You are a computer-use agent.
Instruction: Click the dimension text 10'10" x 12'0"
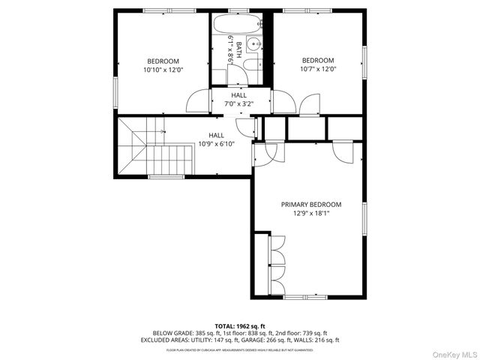[x=163, y=70]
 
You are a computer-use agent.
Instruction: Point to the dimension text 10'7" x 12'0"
[x=318, y=69]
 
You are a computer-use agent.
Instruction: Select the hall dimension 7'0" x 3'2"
[x=238, y=104]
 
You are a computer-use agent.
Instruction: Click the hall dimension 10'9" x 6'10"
[x=216, y=143]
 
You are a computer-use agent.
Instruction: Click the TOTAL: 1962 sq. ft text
[x=240, y=326]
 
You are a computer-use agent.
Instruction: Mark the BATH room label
[x=239, y=49]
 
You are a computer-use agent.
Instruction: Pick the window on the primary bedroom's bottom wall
[x=306, y=298]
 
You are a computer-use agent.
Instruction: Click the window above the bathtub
[x=238, y=10]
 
